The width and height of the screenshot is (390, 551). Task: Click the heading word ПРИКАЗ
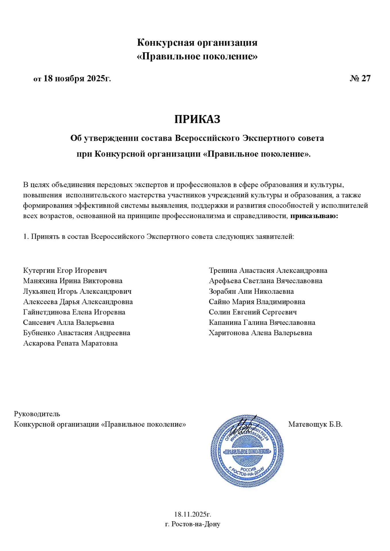197,119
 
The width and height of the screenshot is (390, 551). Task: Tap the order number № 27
360,78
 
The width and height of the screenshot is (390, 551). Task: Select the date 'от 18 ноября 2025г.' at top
72,78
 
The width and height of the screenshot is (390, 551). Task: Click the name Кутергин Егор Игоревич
65,270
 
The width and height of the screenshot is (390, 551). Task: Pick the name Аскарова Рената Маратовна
70,343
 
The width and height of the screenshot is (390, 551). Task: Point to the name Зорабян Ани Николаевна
251,291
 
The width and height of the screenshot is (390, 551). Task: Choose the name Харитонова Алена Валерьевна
260,333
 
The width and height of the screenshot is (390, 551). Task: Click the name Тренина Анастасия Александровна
268,270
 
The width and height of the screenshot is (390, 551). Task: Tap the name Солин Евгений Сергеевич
253,312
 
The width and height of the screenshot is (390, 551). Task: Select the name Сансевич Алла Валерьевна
69,323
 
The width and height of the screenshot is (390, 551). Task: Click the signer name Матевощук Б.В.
315,424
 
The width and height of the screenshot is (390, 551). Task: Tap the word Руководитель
37,414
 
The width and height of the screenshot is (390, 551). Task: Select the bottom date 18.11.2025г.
193,514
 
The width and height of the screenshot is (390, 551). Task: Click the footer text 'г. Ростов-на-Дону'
193,524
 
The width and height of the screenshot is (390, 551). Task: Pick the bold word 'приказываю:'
314,216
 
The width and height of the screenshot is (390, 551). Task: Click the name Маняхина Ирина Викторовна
73,281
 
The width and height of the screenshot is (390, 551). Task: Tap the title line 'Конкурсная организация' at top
197,42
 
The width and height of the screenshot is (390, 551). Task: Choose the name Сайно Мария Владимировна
257,302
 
